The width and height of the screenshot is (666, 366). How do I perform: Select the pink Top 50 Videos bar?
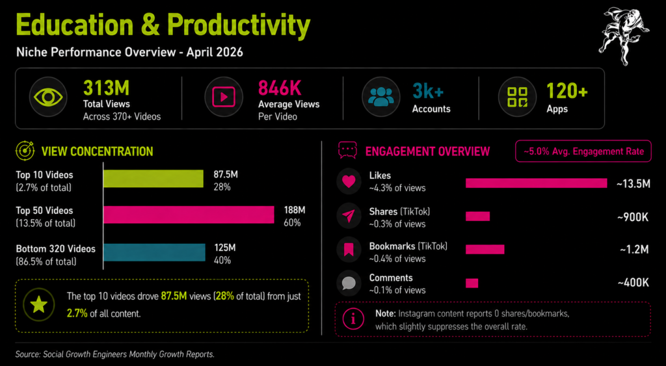189,215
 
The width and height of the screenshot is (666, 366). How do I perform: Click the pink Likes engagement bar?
536,183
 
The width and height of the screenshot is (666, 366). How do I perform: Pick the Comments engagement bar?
472,283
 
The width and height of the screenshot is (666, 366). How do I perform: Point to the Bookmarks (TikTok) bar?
485,249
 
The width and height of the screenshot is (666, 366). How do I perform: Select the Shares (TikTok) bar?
477,216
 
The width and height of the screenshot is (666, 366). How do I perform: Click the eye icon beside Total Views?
47,97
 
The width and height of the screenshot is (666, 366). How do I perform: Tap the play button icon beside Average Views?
223,97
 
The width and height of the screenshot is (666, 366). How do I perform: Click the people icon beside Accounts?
380,97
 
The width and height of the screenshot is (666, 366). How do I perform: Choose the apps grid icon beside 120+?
517,97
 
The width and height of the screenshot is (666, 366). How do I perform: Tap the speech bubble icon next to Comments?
349,283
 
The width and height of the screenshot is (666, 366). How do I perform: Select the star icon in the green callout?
39,305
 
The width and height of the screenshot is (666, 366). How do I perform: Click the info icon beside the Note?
353,319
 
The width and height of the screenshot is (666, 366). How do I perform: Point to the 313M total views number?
106,88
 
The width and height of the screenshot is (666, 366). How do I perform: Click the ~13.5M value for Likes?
633,184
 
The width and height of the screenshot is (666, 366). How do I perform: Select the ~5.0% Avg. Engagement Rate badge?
583,151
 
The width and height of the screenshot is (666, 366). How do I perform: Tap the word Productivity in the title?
239,25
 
